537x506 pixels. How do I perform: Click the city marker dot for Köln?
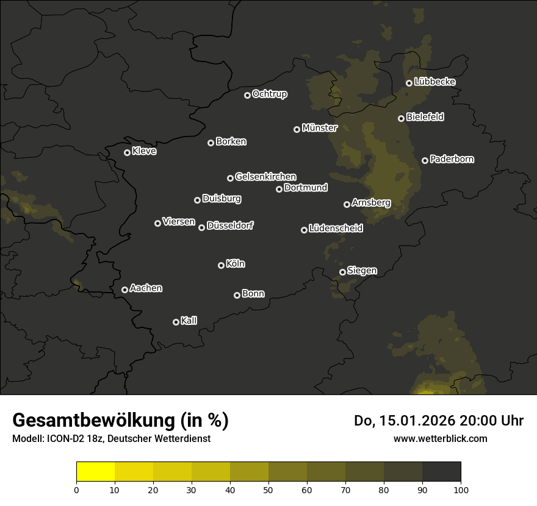(221, 265)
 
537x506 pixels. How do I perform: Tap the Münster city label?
(319, 128)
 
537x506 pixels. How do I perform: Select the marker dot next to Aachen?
(124, 290)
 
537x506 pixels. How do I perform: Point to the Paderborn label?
(452, 159)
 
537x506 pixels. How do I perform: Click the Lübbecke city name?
(434, 82)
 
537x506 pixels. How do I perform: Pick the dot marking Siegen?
(342, 272)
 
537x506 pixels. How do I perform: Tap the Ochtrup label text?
(269, 94)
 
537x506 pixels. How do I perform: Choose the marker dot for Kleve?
(127, 152)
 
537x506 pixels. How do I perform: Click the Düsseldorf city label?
(230, 226)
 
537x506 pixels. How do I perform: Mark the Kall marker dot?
(176, 322)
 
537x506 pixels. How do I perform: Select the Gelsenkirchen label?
(265, 177)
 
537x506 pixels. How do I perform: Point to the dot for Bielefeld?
(401, 118)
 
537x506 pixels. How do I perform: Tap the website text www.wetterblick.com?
(441, 438)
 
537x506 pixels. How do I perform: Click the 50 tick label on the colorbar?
(268, 489)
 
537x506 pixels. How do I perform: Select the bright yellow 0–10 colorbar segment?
(95, 471)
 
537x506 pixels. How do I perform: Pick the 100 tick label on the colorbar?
(461, 489)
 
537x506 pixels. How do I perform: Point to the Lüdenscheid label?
(336, 229)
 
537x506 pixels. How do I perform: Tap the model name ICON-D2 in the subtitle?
(62, 439)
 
